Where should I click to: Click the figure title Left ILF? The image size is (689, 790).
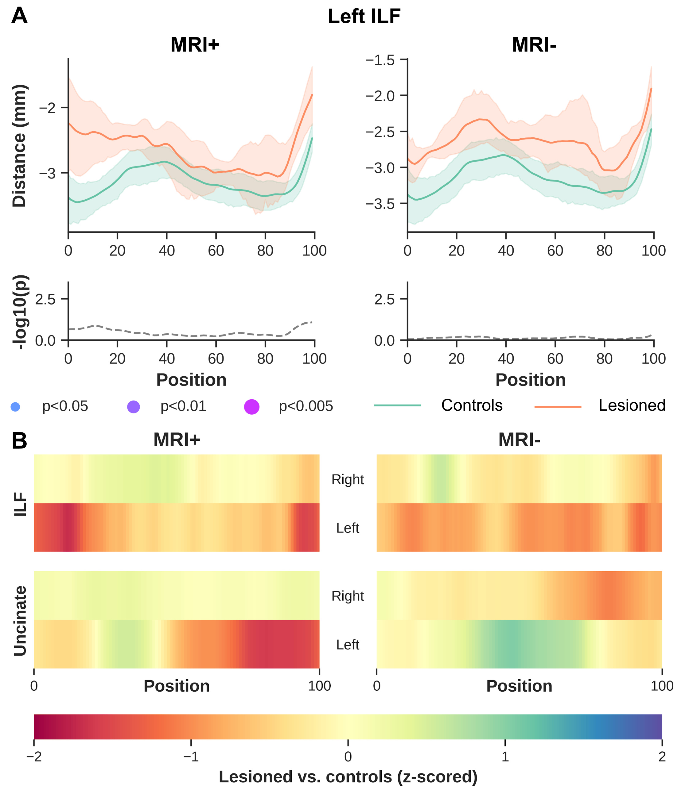[364, 17]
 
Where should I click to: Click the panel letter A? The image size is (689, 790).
[19, 16]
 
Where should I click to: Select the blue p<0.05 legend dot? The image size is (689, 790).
[15, 407]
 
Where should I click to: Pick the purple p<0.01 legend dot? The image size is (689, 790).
[134, 407]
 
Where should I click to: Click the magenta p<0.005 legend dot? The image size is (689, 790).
[252, 407]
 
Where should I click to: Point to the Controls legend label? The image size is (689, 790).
[471, 405]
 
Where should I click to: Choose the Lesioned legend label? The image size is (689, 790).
[632, 405]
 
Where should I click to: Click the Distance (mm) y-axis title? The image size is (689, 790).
[19, 146]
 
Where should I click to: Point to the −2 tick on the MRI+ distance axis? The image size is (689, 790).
[48, 108]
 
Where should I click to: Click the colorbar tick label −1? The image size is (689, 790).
[191, 757]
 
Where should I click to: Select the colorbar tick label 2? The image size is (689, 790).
[662, 757]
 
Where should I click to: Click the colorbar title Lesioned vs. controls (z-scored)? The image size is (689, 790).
[348, 777]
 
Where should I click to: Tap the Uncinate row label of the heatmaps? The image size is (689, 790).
[20, 621]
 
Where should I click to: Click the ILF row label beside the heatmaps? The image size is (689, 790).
[20, 504]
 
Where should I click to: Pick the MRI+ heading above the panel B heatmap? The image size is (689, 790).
[177, 440]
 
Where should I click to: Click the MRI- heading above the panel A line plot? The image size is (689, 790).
[534, 45]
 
